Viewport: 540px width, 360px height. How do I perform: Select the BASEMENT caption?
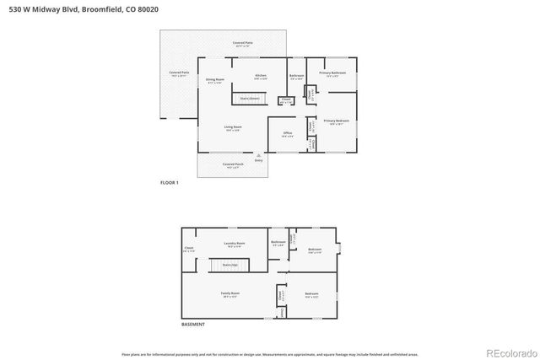coord(192,324)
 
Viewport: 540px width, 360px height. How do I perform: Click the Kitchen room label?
coord(261,76)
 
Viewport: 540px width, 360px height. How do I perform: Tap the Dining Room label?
coord(214,80)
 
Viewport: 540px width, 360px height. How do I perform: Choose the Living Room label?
coord(233,127)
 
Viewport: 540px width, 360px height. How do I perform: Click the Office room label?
coord(287,133)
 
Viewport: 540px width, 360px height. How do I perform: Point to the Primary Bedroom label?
coord(336,121)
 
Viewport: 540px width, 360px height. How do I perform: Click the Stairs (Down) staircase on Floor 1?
coord(250,99)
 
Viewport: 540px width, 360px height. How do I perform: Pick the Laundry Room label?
coord(234,244)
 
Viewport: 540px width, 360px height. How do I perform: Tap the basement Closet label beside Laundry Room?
coord(189,249)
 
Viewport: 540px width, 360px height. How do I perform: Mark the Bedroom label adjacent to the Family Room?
coord(311,294)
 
